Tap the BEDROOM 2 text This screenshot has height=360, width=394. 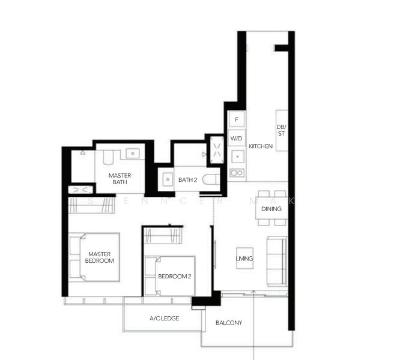pyautogui.click(x=174, y=277)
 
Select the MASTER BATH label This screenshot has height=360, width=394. pyautogui.click(x=120, y=179)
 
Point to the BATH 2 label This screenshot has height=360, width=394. pyautogui.click(x=187, y=179)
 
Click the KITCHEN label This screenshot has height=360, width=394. pyautogui.click(x=261, y=146)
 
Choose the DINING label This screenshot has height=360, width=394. pyautogui.click(x=271, y=209)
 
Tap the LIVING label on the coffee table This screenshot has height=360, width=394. pyautogui.click(x=244, y=259)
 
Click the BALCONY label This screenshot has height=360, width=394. pyautogui.click(x=228, y=323)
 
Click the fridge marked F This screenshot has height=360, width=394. pyautogui.click(x=237, y=120)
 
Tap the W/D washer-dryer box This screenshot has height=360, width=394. pyautogui.click(x=237, y=139)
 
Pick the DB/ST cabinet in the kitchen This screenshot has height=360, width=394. pyautogui.click(x=281, y=130)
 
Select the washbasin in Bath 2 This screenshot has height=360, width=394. pyautogui.click(x=167, y=179)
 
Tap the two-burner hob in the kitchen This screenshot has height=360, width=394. pyautogui.click(x=237, y=173)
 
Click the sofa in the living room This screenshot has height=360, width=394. pyautogui.click(x=277, y=260)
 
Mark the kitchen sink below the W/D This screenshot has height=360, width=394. pyautogui.click(x=237, y=157)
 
